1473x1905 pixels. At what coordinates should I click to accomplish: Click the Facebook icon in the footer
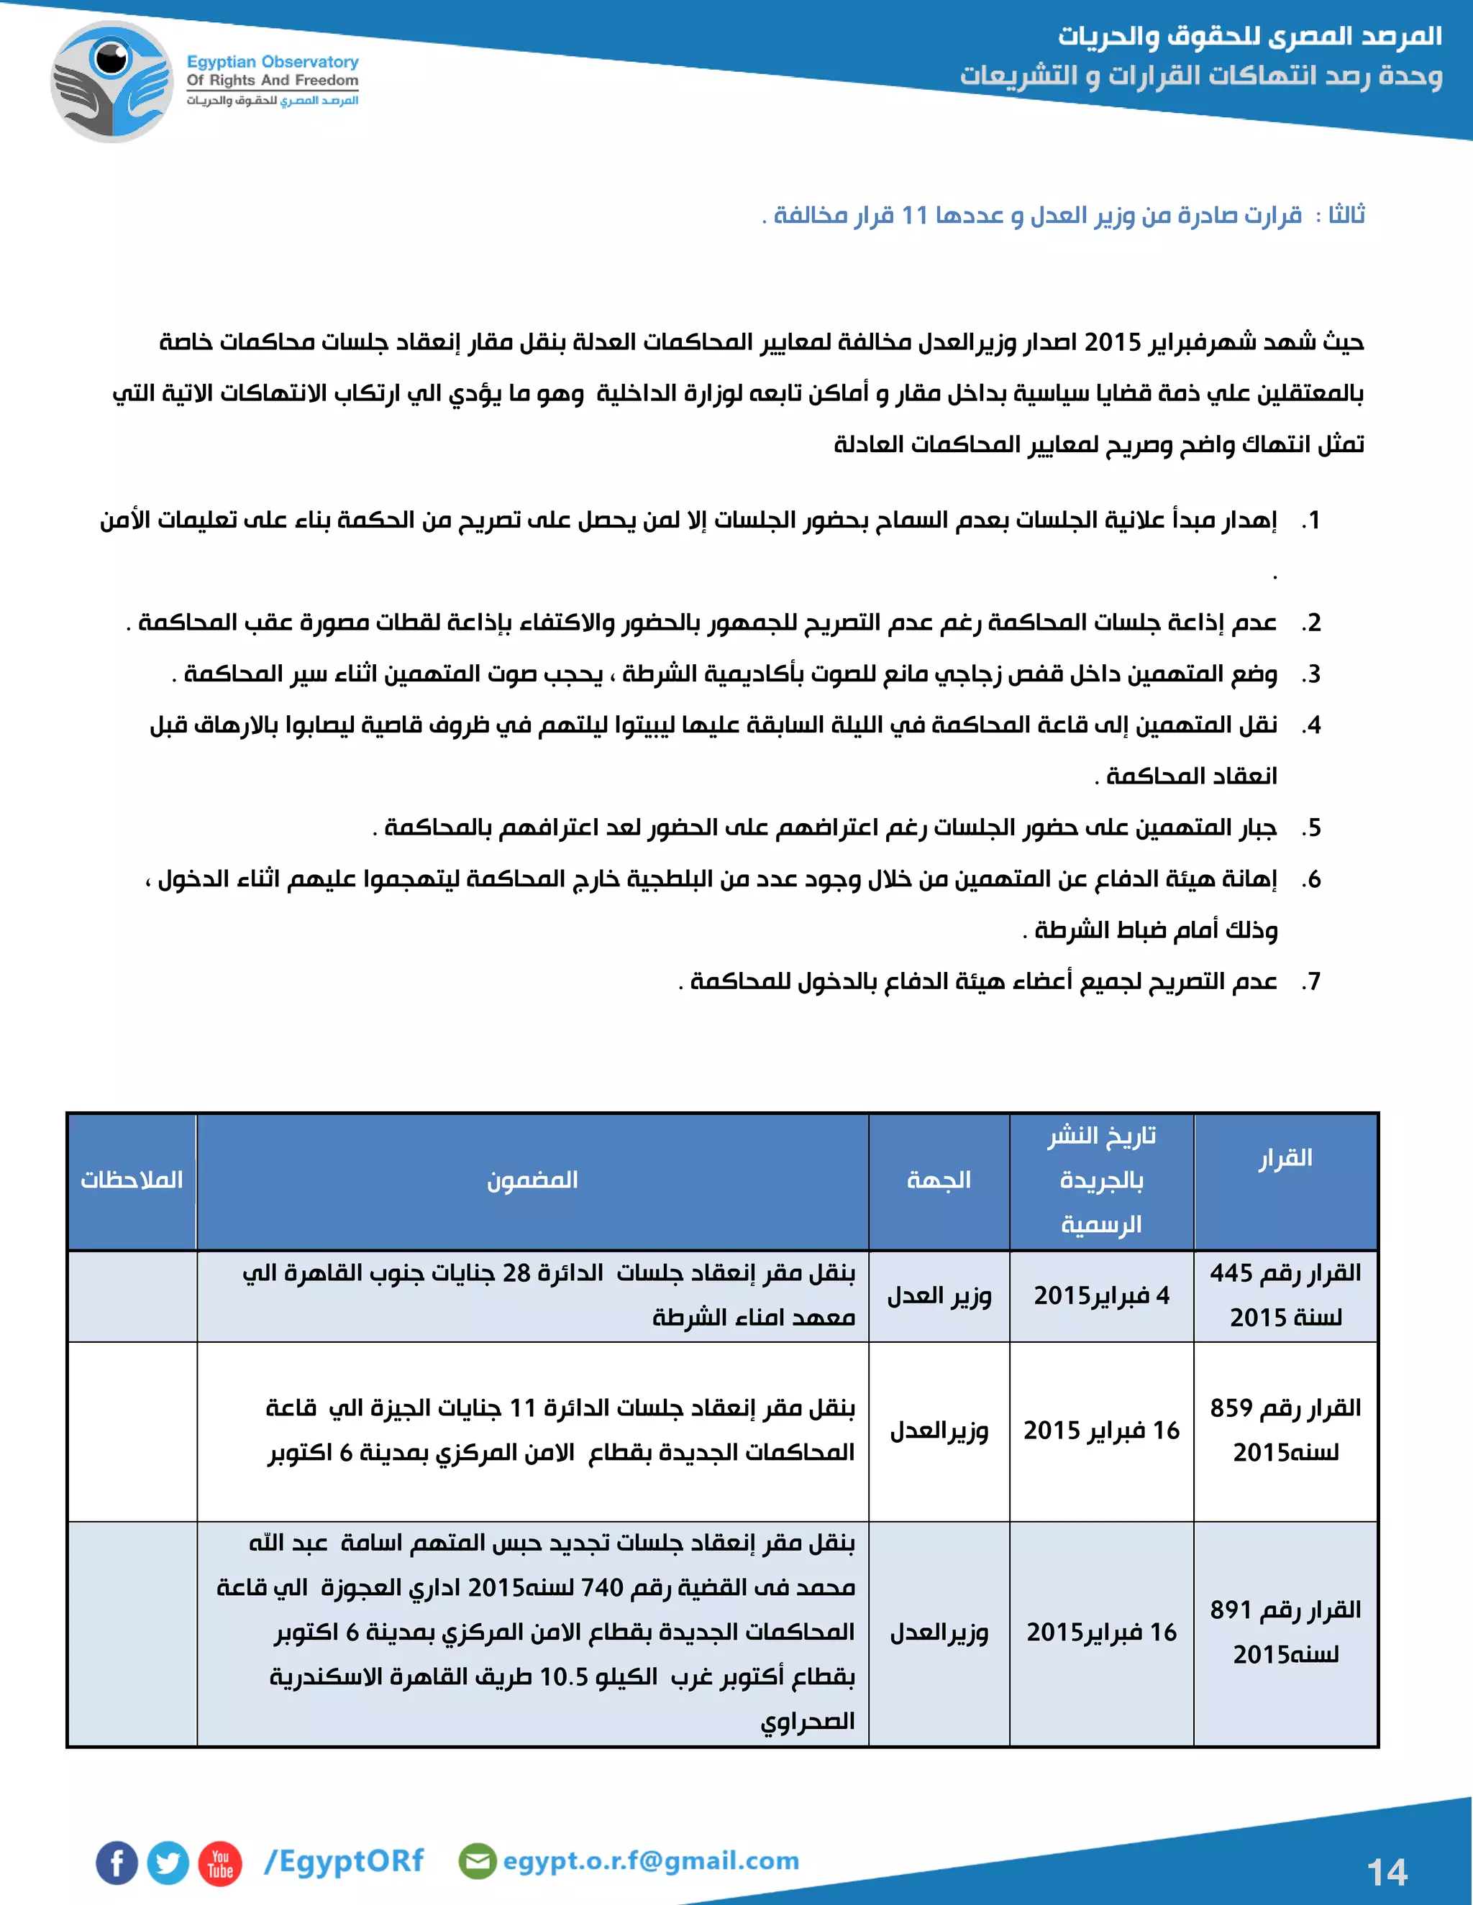pos(117,1863)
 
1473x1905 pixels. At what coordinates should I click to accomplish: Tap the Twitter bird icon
pos(168,1863)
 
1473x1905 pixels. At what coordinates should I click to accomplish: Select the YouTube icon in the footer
pos(220,1863)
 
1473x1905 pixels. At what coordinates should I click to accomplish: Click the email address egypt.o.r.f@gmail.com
pos(650,1860)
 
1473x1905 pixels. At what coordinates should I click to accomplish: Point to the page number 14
pos(1387,1872)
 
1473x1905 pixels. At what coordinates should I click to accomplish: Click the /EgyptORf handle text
pos(344,1860)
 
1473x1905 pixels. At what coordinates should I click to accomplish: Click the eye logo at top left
pos(111,82)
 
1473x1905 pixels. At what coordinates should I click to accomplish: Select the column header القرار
pos(1285,1158)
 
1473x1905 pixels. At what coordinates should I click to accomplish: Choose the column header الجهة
pos(939,1180)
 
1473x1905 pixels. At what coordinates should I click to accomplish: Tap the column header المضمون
pos(532,1180)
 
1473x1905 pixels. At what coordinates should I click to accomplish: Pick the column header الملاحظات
pos(132,1180)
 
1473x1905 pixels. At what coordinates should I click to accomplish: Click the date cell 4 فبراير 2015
pos(1101,1295)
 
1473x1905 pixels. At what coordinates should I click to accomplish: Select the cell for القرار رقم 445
pos(1285,1295)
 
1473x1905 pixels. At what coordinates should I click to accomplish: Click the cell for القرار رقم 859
pos(1285,1431)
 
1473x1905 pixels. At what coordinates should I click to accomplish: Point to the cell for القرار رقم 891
pos(1285,1632)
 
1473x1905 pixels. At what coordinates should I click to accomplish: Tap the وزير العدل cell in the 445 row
pos(939,1295)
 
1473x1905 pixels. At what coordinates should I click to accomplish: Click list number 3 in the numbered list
pos(1310,674)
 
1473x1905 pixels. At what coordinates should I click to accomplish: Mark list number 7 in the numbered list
pos(1310,982)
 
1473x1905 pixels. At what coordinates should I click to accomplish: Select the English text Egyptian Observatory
pos(273,62)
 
